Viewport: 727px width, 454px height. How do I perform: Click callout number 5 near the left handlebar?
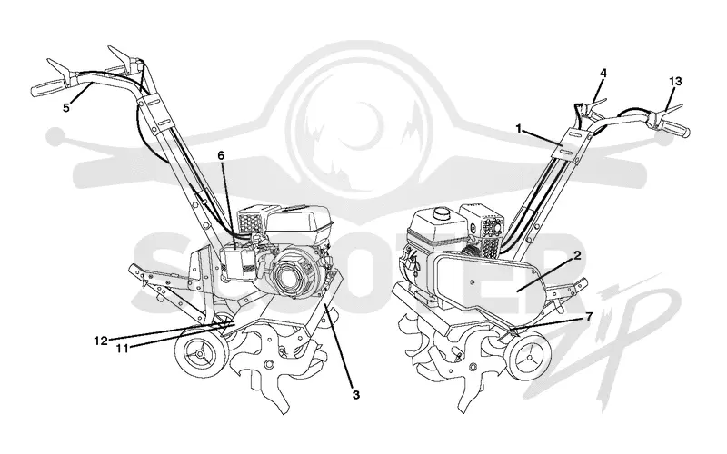click(66, 107)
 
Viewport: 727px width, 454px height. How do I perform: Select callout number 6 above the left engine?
click(221, 155)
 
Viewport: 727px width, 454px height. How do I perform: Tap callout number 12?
click(101, 341)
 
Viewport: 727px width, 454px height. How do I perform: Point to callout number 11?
click(122, 348)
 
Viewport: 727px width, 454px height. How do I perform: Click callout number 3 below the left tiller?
click(355, 395)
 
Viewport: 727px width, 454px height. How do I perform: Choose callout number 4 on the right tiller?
click(603, 74)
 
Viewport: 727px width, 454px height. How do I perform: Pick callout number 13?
click(675, 82)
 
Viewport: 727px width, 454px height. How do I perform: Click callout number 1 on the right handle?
click(519, 128)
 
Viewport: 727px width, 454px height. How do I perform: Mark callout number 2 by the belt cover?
click(577, 255)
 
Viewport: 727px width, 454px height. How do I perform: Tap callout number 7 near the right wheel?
click(588, 317)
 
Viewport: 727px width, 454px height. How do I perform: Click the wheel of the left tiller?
click(201, 354)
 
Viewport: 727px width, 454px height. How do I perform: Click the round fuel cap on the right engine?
click(441, 213)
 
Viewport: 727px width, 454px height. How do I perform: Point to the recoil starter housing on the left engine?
click(293, 273)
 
